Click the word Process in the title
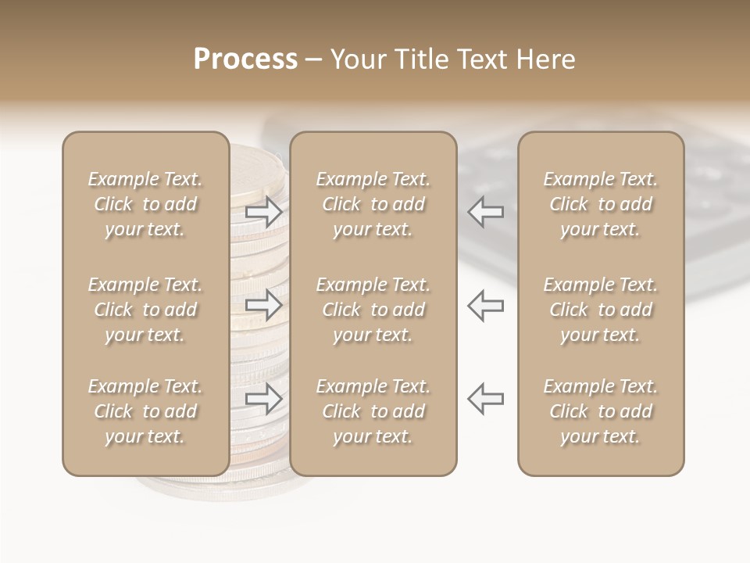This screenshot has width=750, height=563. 245,59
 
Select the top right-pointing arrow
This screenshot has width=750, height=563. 264,212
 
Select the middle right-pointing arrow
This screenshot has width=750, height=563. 264,305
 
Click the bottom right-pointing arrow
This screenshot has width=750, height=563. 264,398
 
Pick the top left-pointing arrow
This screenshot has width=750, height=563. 486,212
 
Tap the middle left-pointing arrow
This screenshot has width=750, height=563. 486,305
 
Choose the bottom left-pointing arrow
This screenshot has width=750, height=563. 486,398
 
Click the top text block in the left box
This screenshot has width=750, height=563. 145,204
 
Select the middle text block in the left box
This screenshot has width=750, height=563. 145,310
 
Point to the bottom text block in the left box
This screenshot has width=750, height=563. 145,411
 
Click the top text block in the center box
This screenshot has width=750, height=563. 373,204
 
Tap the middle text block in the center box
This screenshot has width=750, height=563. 373,310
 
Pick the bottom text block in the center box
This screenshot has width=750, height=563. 373,411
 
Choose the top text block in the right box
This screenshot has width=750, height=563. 600,204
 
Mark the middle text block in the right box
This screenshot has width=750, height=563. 600,310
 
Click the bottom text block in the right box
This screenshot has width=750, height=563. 600,411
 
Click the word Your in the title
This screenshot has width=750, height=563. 359,59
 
